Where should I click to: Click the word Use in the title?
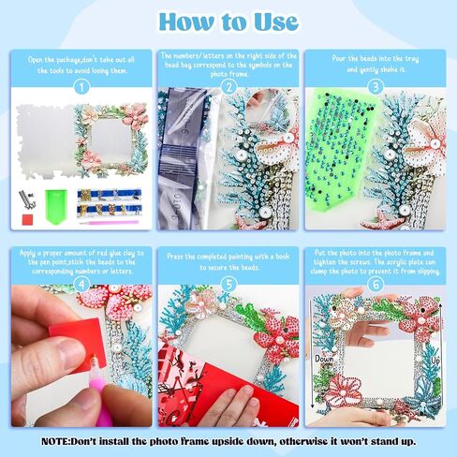pyautogui.click(x=276, y=22)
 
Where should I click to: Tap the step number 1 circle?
pyautogui.click(x=81, y=87)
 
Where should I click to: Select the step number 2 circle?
pyautogui.click(x=228, y=87)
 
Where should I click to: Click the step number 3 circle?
pyautogui.click(x=376, y=87)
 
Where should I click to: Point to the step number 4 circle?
pyautogui.click(x=81, y=285)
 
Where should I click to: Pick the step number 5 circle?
pyautogui.click(x=228, y=285)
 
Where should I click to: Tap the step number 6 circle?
pyautogui.click(x=376, y=285)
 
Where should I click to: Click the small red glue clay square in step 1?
pyautogui.click(x=28, y=219)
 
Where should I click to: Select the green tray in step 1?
pyautogui.click(x=56, y=206)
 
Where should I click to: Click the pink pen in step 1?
pyautogui.click(x=109, y=223)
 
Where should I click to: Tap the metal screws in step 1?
pyautogui.click(x=27, y=199)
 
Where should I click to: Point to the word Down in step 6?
pyautogui.click(x=324, y=360)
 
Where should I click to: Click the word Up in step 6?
pyautogui.click(x=435, y=361)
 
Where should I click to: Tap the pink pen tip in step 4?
pyautogui.click(x=93, y=358)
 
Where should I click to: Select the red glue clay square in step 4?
pyautogui.click(x=76, y=339)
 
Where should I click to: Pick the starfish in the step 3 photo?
pyautogui.click(x=381, y=220)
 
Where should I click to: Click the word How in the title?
pyautogui.click(x=186, y=22)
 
